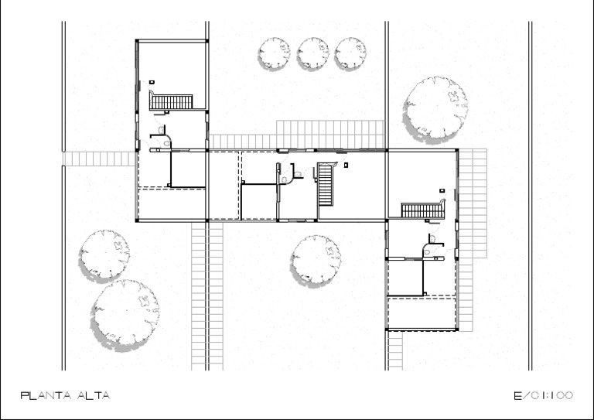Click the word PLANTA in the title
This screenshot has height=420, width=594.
click(x=46, y=396)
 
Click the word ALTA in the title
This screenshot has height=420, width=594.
click(x=94, y=396)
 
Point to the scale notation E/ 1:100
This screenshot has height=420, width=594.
click(x=543, y=396)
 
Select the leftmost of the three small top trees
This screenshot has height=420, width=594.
click(x=274, y=53)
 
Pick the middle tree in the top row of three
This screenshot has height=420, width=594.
click(x=312, y=53)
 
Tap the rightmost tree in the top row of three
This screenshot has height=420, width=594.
click(x=350, y=53)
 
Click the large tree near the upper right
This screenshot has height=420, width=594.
click(x=435, y=110)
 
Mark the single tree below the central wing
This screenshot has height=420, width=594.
click(x=316, y=261)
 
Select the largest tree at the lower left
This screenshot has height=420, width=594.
click(x=125, y=315)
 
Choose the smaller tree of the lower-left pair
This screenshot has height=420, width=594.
click(x=104, y=256)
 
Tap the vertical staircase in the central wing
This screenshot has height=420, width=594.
click(x=326, y=183)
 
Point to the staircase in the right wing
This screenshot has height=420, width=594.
click(x=423, y=210)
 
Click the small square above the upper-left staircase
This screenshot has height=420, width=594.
click(x=152, y=82)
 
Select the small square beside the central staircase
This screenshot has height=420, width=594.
click(x=346, y=165)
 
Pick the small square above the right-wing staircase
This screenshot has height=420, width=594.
click(x=442, y=191)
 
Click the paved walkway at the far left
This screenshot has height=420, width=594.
click(x=99, y=159)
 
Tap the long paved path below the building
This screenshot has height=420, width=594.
click(x=207, y=296)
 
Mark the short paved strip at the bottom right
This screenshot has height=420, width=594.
click(x=395, y=350)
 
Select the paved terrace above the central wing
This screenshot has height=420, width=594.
click(x=296, y=135)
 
